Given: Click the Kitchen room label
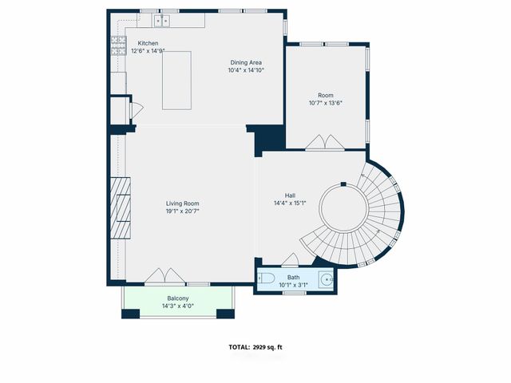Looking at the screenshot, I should pyautogui.click(x=148, y=43).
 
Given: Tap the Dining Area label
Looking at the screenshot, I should pyautogui.click(x=246, y=62).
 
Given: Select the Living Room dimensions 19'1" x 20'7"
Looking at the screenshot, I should pyautogui.click(x=182, y=211).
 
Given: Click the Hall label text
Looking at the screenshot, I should pyautogui.click(x=290, y=195).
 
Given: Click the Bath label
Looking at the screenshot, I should pyautogui.click(x=294, y=277).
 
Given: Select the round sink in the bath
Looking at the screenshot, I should pyautogui.click(x=326, y=278).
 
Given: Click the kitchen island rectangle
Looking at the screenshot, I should pyautogui.click(x=178, y=80).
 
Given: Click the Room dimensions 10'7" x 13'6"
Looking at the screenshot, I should pyautogui.click(x=326, y=103).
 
